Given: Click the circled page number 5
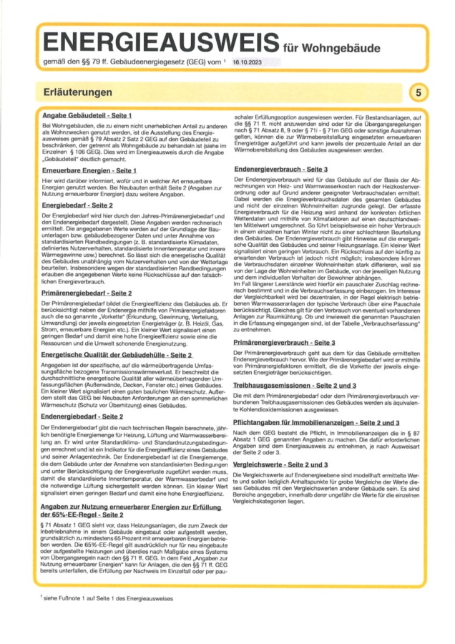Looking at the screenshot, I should click(x=417, y=93).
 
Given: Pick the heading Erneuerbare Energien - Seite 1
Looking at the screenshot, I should click(x=89, y=171).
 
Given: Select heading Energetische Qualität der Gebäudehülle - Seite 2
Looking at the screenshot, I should click(x=117, y=354).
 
